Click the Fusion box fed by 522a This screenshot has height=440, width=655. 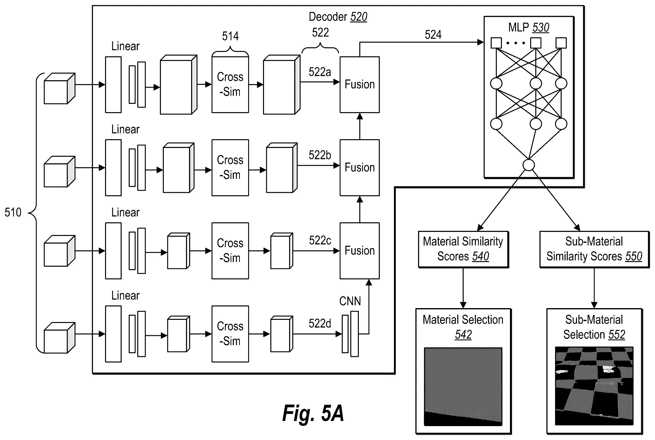point(360,85)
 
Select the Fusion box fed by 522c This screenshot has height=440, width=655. point(360,251)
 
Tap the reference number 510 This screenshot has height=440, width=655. point(13,212)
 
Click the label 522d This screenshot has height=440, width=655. point(320,323)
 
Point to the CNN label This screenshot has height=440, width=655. point(350,301)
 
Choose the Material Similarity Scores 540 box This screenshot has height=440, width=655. point(463,249)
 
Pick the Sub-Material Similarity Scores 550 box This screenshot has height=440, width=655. point(594,249)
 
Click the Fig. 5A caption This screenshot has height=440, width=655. point(313,413)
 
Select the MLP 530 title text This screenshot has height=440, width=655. point(528,28)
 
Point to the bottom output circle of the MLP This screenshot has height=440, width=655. point(529,165)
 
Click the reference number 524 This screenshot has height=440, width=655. point(433,35)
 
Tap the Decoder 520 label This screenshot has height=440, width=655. point(338,17)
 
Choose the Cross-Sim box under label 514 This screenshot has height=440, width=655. point(230,84)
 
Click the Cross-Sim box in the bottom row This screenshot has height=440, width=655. point(230,334)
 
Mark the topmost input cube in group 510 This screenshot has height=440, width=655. point(59,88)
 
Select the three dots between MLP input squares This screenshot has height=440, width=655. point(516,43)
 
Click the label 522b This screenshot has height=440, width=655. point(320,155)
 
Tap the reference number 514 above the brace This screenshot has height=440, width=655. point(230,36)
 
